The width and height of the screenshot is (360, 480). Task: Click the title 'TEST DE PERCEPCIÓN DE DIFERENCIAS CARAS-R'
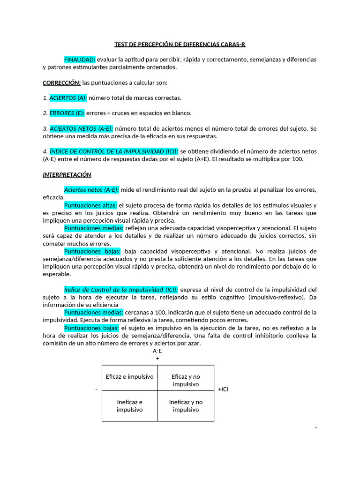[x=180, y=45]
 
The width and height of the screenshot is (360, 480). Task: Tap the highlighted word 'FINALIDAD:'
[x=80, y=60]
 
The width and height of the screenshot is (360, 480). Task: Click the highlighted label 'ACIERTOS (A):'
[x=68, y=97]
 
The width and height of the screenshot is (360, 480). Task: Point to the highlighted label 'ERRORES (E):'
[x=67, y=113]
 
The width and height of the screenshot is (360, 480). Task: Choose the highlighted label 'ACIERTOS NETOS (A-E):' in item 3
[x=81, y=128]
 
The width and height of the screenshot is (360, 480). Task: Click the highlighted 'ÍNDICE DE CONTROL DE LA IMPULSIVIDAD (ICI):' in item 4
[x=113, y=151]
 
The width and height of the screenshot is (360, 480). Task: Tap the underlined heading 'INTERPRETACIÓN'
[x=67, y=174]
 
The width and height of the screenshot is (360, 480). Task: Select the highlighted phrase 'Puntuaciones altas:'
[x=90, y=205]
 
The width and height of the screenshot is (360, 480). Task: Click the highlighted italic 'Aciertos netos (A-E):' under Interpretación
[x=91, y=189]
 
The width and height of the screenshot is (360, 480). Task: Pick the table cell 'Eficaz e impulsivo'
[x=130, y=376]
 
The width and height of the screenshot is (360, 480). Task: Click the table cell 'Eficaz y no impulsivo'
[x=186, y=380]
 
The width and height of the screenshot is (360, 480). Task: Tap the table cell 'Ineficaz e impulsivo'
[x=130, y=405]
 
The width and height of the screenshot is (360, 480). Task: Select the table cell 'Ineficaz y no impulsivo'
[x=186, y=405]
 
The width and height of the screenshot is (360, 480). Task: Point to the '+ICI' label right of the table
[x=224, y=390]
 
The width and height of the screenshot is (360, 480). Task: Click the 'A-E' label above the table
[x=157, y=351]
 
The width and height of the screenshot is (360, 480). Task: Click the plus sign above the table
[x=157, y=358]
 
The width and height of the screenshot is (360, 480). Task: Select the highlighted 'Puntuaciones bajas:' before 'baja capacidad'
[x=92, y=251]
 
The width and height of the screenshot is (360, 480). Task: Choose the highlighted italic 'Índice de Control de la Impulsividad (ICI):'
[x=121, y=289]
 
